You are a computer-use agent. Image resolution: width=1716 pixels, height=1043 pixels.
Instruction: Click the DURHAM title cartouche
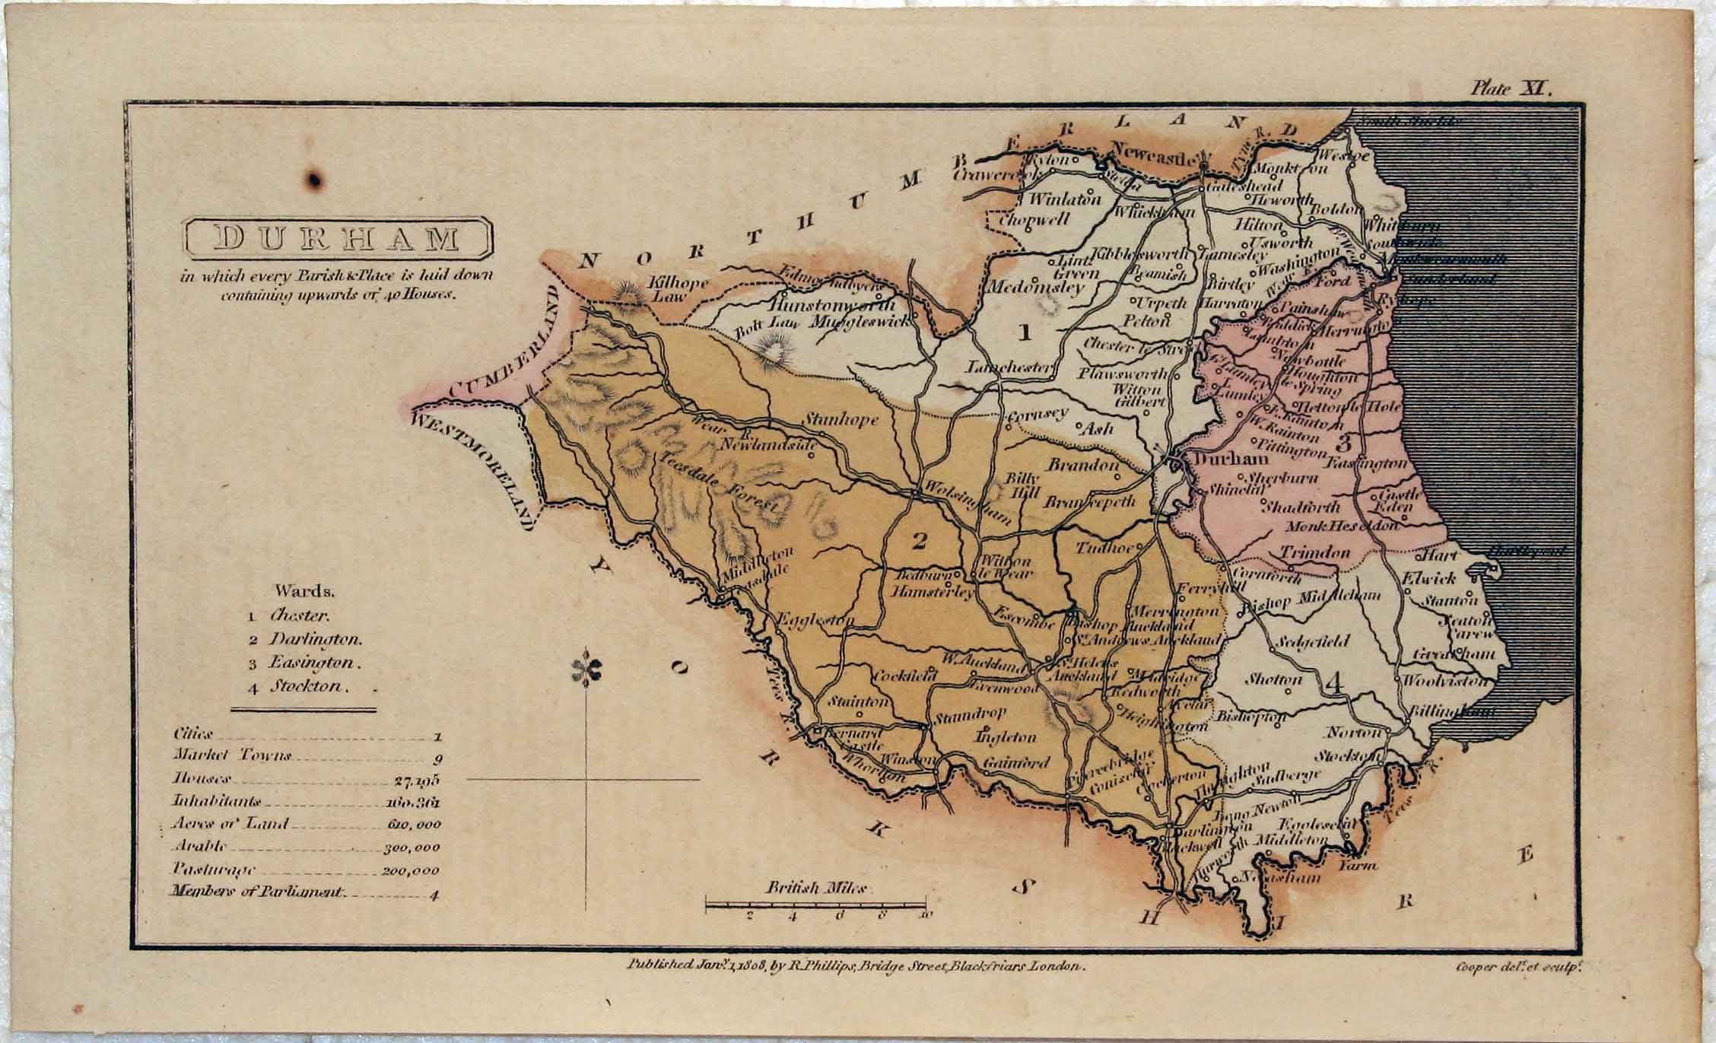coord(338,238)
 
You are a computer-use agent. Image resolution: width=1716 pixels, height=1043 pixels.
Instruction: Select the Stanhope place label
coord(841,419)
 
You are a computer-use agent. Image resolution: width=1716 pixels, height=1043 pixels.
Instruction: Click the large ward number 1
coord(1025,332)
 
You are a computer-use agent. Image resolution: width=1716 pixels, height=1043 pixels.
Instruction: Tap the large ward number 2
coord(919,541)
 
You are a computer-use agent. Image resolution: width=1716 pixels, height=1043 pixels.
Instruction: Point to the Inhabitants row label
coord(217,801)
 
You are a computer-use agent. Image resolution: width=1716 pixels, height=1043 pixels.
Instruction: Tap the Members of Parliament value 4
coord(434,895)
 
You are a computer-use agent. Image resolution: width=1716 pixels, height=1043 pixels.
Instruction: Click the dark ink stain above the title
coord(313,180)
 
